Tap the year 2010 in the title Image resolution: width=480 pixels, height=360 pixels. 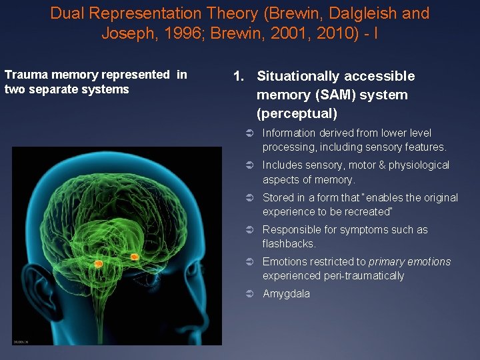(x=336, y=33)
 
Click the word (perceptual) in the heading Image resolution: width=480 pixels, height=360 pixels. (x=297, y=113)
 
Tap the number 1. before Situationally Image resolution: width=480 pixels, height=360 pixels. (x=239, y=76)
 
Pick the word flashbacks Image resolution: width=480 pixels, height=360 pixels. (x=288, y=244)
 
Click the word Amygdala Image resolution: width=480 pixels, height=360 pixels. (x=286, y=294)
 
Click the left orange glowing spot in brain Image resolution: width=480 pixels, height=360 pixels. (x=99, y=263)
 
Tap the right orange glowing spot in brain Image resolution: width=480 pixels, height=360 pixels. (x=134, y=256)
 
